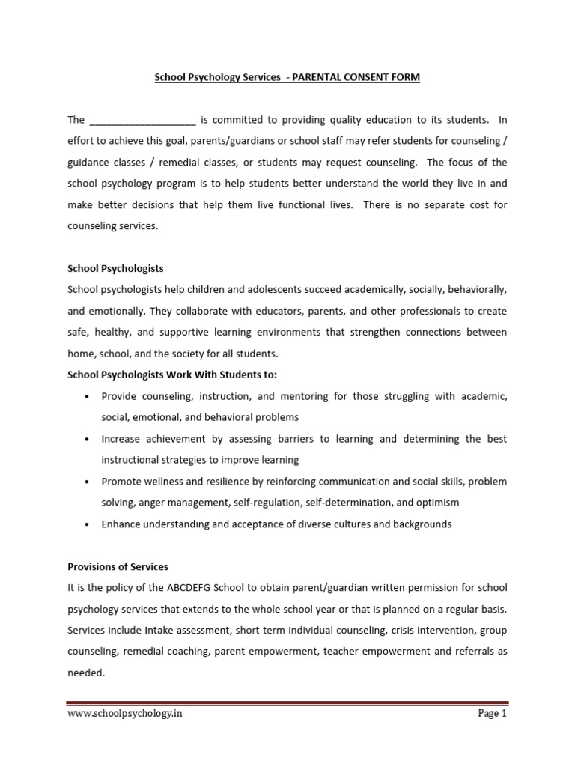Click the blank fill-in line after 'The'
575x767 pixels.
click(142, 121)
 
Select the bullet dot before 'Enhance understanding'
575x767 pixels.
click(88, 524)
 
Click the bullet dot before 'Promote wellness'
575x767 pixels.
click(88, 481)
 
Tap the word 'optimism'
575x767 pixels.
click(439, 502)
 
